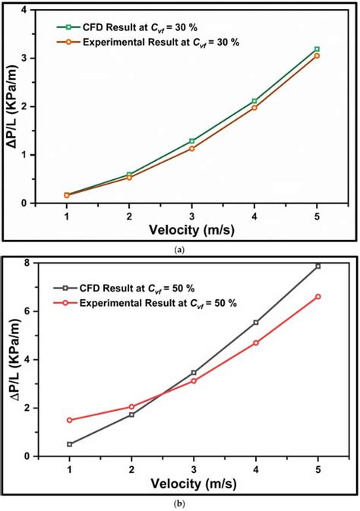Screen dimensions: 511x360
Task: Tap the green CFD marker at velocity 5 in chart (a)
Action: point(317,49)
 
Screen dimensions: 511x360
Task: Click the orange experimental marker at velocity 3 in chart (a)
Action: point(191,149)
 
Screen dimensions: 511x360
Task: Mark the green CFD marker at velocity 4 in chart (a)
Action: point(254,101)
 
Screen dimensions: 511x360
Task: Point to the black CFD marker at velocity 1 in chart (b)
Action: point(70,444)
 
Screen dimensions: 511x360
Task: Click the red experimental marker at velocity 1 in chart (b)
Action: point(70,420)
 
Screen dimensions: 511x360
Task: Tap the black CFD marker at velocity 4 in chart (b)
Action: point(255,322)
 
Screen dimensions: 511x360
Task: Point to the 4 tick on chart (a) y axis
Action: point(29,11)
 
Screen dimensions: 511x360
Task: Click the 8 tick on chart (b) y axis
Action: point(28,263)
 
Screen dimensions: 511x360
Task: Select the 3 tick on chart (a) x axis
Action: point(192,216)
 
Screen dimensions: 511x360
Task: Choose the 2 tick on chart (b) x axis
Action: point(131,469)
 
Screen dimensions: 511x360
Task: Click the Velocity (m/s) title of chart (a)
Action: point(193,232)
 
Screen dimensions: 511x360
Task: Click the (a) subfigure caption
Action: point(178,249)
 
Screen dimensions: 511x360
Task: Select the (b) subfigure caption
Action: point(178,502)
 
